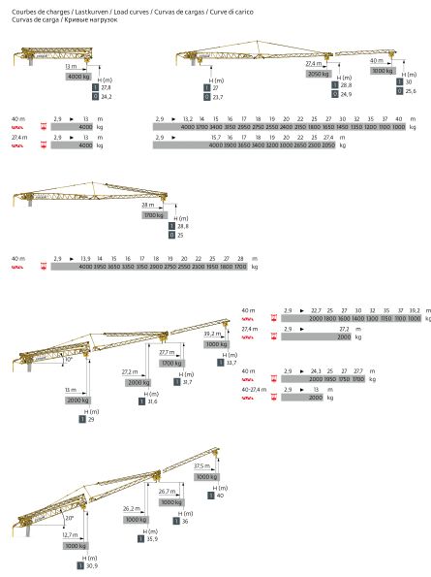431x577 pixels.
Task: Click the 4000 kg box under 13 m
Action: click(78, 76)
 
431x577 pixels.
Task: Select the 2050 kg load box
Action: click(320, 74)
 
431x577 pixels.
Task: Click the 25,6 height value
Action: click(410, 90)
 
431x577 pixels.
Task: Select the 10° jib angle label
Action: click(68, 359)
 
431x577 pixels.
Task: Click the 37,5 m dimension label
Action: click(201, 466)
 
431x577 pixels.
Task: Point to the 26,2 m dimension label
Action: click(133, 509)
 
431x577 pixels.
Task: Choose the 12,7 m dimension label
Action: click(70, 534)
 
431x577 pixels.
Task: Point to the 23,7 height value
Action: click(217, 97)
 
